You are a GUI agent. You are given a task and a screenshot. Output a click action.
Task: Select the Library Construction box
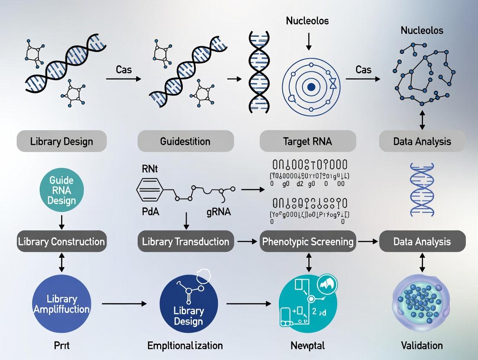pos(61,241)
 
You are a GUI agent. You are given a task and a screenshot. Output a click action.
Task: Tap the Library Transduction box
pos(186,241)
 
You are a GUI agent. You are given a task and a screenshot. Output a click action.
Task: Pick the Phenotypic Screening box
pos(308,241)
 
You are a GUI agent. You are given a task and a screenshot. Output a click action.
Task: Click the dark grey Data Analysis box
pos(422,241)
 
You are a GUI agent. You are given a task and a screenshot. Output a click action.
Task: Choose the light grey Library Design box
pos(61,141)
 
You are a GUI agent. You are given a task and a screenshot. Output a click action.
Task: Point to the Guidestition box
pos(186,141)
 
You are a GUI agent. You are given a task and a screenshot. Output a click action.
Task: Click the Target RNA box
pos(308,141)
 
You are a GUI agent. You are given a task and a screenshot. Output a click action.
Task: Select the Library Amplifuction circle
pos(62,304)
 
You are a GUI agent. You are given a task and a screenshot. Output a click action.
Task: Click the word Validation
pos(422,345)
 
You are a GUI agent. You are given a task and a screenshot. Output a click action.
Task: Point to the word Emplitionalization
pos(185,345)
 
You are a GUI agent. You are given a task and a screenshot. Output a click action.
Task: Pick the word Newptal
pos(308,345)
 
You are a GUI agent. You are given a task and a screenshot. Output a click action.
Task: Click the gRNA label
pos(219,212)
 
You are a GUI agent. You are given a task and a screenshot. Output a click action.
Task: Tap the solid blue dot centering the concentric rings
pos(310,87)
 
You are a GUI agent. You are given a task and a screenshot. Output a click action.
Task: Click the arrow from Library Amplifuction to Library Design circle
pos(124,304)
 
